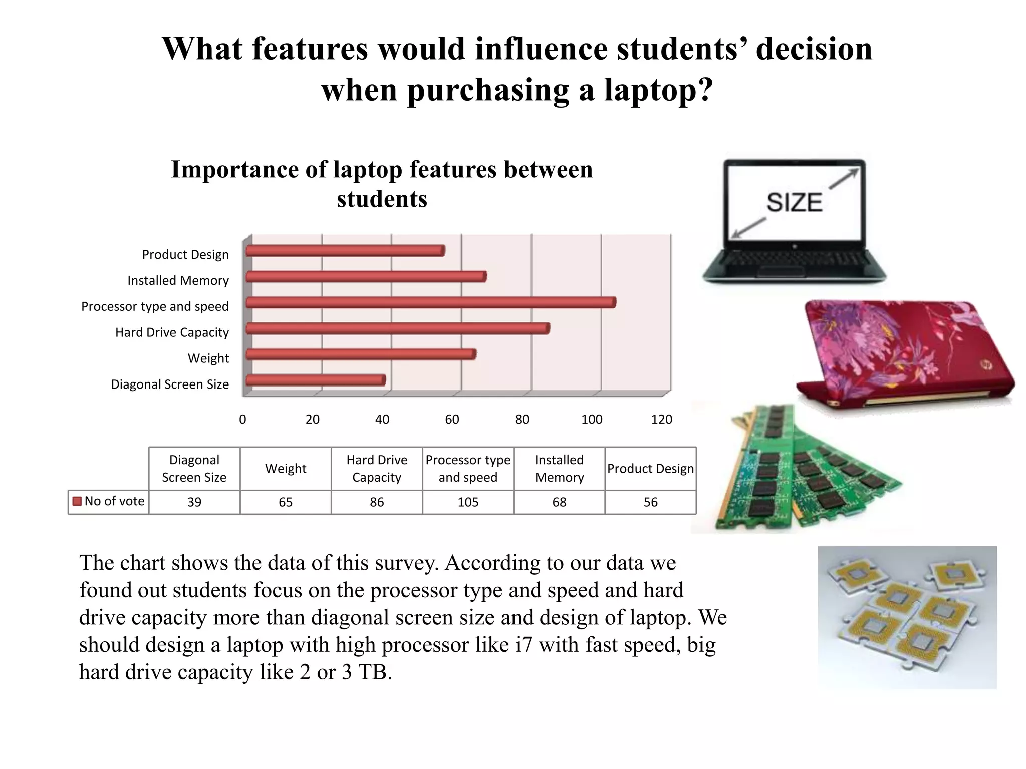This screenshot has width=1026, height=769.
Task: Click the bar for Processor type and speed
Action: coord(431,302)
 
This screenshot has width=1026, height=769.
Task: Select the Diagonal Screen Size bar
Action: coord(316,380)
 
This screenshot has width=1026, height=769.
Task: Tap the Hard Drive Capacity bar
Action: coord(398,328)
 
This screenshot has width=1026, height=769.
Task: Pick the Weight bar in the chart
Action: coord(361,354)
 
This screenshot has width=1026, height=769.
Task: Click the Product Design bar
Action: coord(345,251)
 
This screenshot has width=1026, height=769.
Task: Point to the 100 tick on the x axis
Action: coord(592,420)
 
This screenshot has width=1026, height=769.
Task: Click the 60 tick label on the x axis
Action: coord(452,420)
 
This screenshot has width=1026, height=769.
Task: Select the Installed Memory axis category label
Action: coord(178,281)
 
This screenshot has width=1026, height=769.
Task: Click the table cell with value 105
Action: coord(468,502)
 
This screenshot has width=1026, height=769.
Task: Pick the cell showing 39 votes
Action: coord(194,502)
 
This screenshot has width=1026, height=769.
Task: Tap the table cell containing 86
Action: coord(377,502)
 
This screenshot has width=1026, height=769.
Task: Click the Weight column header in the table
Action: coord(286,469)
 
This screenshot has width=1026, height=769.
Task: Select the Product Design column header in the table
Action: coord(650,469)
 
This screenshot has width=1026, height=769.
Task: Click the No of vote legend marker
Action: coord(77,501)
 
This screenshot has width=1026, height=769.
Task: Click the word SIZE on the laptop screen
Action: coord(794,203)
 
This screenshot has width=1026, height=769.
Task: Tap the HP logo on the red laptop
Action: coord(985,365)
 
